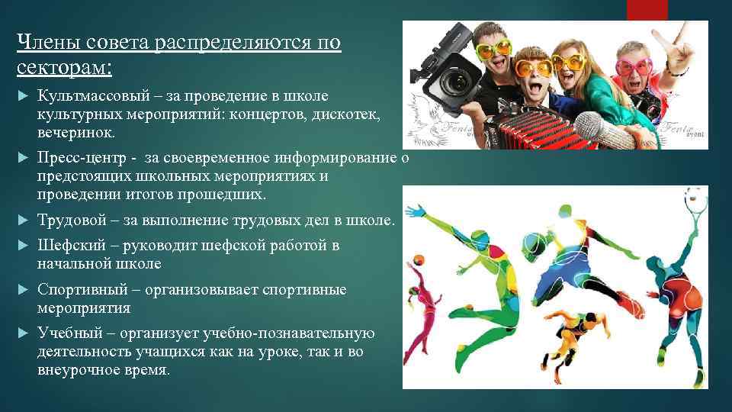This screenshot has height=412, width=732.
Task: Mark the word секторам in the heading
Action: pyautogui.click(x=63, y=68)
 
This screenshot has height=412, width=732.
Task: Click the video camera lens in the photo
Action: pyautogui.click(x=457, y=79)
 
